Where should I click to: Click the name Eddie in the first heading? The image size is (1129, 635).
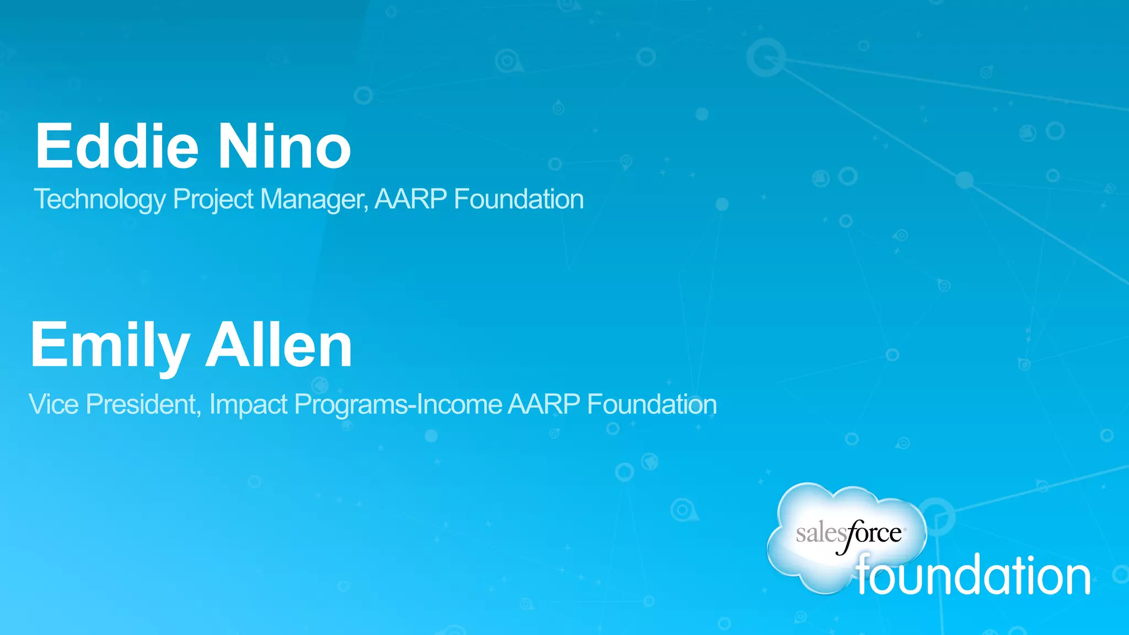[x=116, y=147]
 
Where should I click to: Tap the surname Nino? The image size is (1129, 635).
[x=284, y=147]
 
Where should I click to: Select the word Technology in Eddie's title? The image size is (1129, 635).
[x=99, y=200]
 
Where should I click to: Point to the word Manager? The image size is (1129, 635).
[x=313, y=200]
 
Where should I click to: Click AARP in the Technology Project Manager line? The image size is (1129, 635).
[x=411, y=199]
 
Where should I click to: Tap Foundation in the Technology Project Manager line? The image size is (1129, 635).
[x=519, y=199]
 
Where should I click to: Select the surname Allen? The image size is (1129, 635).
[x=279, y=345]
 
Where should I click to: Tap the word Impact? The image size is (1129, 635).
[x=249, y=405]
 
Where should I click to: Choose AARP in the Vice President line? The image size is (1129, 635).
[x=544, y=404]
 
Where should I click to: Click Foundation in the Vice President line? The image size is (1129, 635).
[x=652, y=404]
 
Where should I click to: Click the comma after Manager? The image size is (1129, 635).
[x=366, y=208]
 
